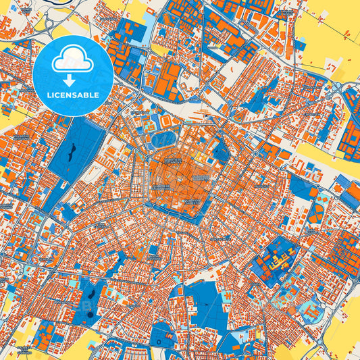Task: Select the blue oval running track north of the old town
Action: (162, 140)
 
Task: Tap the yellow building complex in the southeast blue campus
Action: (279, 257)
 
